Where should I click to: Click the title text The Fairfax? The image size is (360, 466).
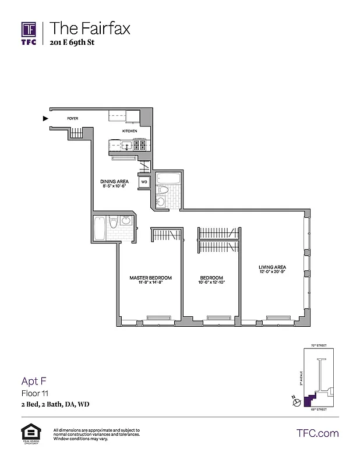coord(90,28)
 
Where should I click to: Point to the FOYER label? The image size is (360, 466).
coord(72,119)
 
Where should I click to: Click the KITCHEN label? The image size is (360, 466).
coord(129,131)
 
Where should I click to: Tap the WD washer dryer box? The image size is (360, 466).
coord(143,182)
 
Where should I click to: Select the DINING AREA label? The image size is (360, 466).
coord(114,181)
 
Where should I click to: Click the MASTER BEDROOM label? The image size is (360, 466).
coord(150,278)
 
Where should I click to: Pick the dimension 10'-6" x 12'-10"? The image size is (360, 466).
coord(211,282)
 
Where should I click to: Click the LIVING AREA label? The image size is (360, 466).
coord(272,268)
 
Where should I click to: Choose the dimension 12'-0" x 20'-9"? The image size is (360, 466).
coord(272,273)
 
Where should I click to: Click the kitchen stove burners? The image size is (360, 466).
coord(139,145)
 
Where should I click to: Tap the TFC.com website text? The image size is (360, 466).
coord(317,433)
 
